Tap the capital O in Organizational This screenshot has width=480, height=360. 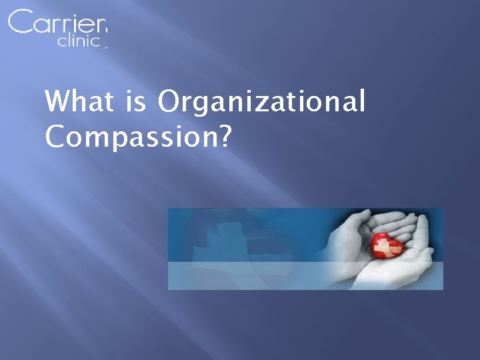(x=170, y=103)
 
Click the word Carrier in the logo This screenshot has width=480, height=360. (x=57, y=23)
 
